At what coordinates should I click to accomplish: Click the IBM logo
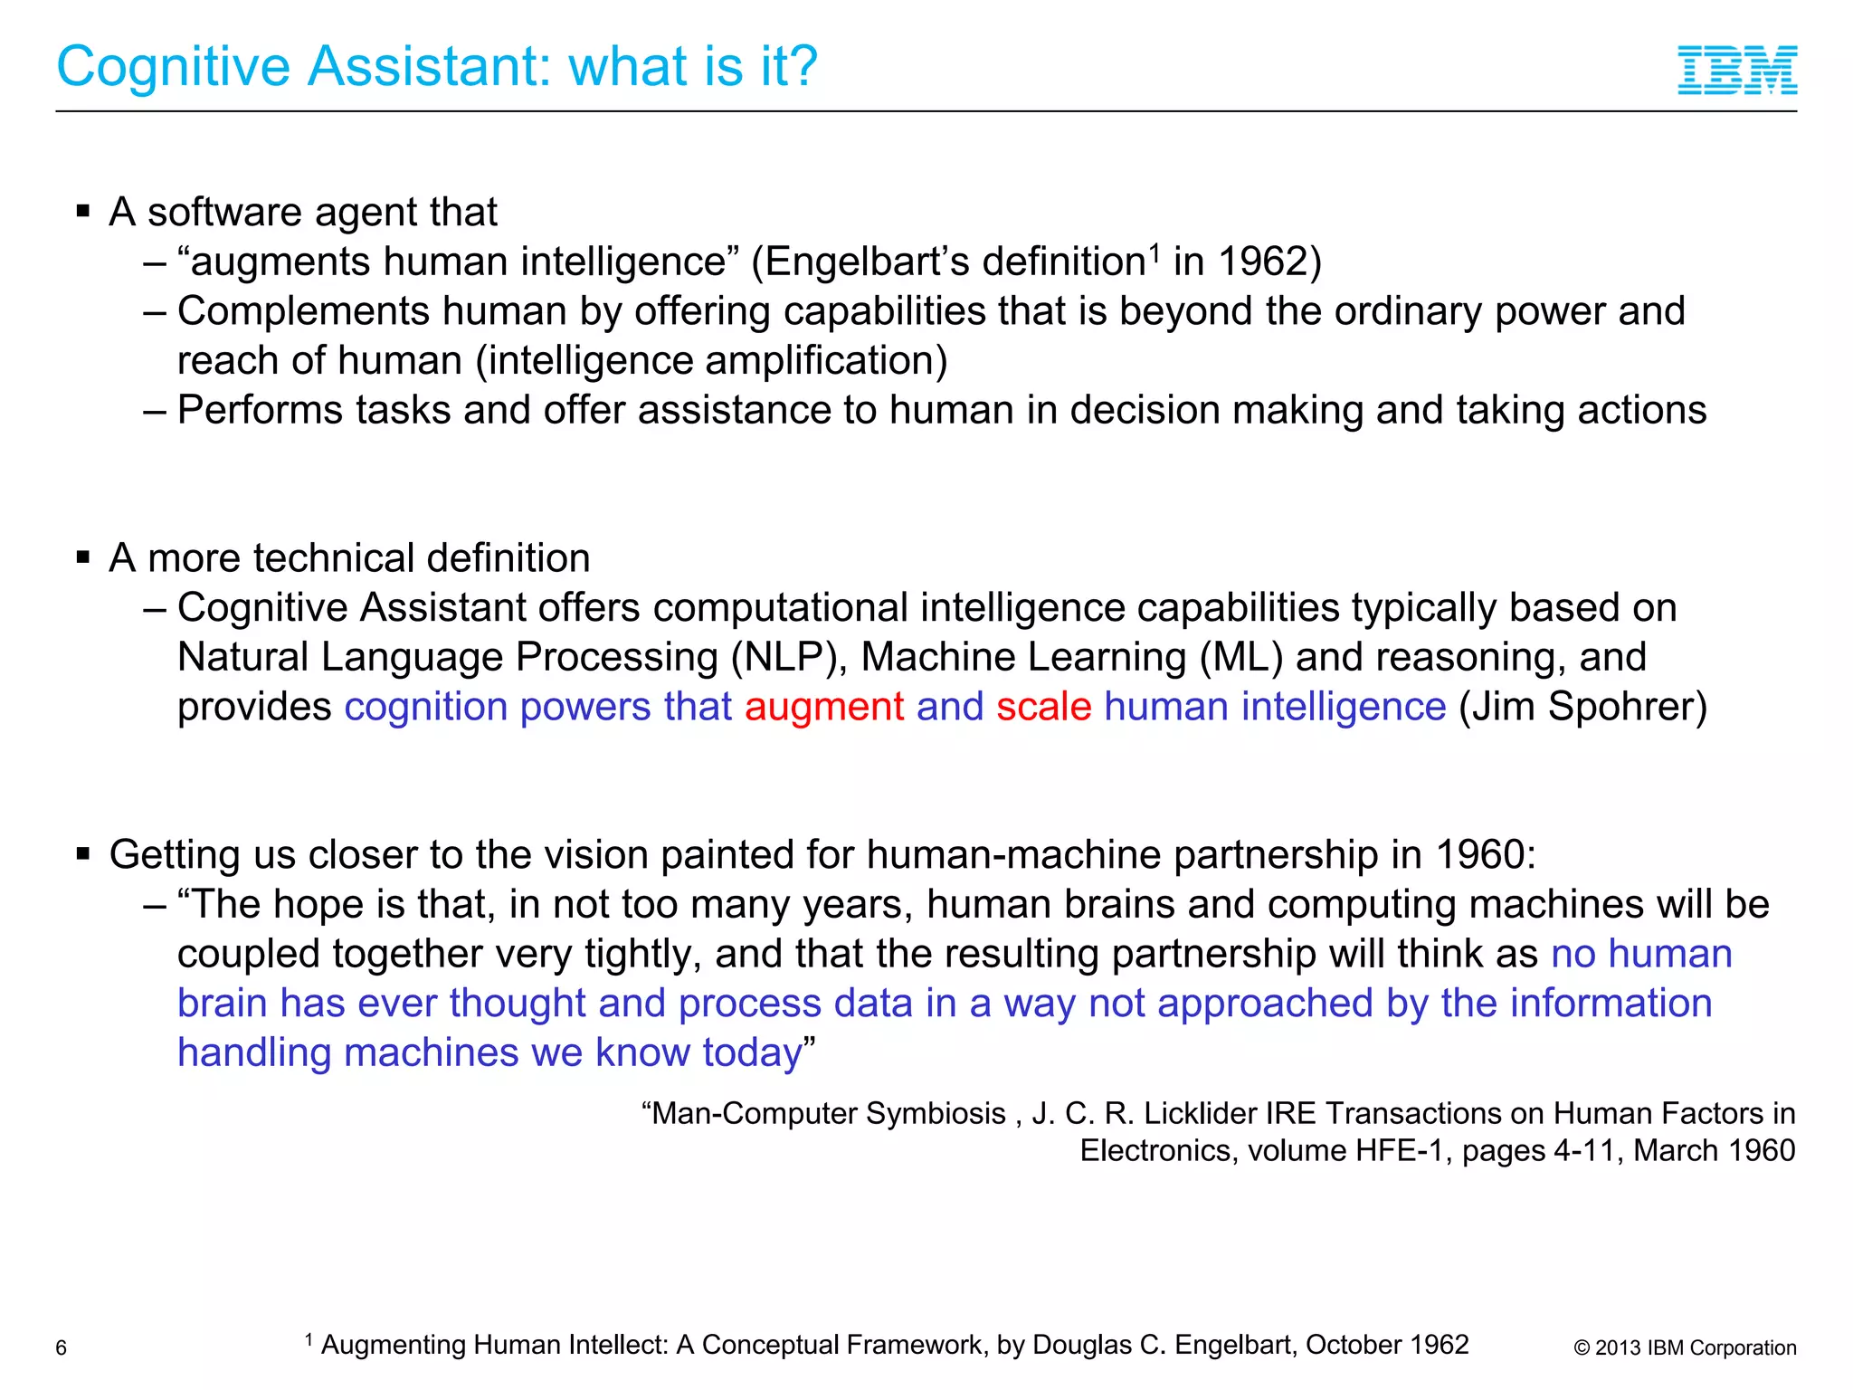1737,70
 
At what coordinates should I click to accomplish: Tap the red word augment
824,707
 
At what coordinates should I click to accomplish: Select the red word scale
1043,707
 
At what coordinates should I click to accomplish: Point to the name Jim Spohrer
1582,707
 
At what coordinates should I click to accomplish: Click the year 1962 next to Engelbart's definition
1263,262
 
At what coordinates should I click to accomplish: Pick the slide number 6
62,1348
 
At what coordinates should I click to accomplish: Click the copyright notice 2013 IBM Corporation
1685,1348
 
